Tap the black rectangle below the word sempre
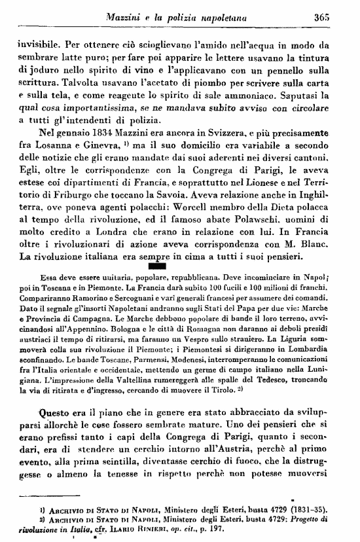[x=160, y=265]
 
